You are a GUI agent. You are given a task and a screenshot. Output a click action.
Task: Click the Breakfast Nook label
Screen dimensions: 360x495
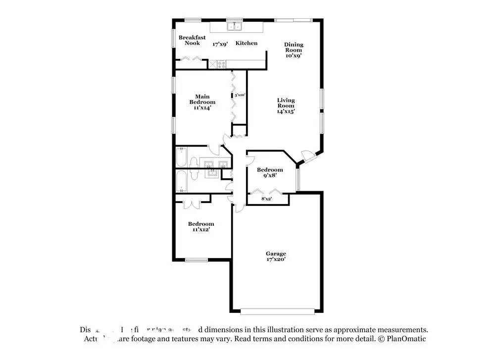coord(192,40)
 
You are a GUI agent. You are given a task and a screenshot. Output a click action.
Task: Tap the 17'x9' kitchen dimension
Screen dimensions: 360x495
coord(220,44)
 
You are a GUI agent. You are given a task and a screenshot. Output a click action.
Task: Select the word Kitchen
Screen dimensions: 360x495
coord(246,43)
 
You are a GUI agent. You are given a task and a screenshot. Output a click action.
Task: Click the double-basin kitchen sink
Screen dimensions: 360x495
coord(233,26)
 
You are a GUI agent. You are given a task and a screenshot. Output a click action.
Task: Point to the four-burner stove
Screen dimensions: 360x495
coord(219,64)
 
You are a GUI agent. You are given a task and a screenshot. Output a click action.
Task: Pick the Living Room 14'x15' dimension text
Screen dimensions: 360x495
coord(286,111)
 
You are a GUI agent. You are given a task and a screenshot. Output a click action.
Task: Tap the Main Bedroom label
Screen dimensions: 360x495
coord(202,100)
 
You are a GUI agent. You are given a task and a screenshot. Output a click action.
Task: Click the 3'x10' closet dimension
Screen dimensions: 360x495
coord(240,95)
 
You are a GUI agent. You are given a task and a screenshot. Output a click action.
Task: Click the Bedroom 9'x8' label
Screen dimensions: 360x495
coord(270,172)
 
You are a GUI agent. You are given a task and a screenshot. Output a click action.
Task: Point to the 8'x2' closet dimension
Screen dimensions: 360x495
coord(267,199)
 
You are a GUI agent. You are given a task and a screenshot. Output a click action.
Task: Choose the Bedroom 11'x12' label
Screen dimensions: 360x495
coord(200,226)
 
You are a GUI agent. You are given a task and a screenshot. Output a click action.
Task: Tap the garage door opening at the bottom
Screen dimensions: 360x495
coord(277,311)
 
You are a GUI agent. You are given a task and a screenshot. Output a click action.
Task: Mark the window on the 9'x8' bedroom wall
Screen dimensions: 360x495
coord(297,179)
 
